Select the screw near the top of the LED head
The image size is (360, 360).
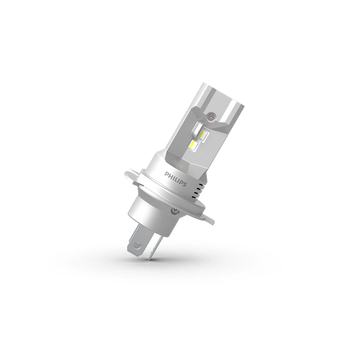click(211, 116)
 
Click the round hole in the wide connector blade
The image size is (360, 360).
click(137, 246)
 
